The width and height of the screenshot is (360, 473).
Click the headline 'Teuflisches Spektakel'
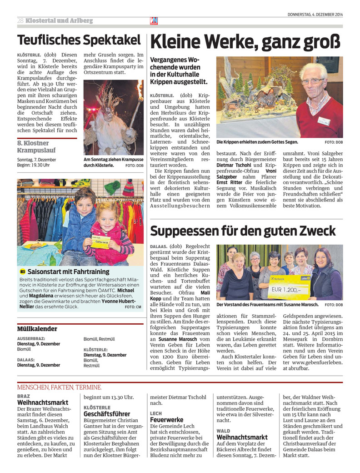(x=79, y=40)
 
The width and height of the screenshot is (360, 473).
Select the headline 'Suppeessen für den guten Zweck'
(x=243, y=231)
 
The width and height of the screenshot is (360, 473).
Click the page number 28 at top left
(x=20, y=21)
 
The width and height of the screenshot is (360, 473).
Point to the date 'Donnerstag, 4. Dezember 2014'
(x=315, y=15)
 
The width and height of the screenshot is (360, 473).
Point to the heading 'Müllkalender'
(x=37, y=328)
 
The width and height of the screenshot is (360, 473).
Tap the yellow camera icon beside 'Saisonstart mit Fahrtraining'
(x=23, y=272)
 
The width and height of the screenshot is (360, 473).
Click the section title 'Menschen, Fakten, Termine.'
(x=59, y=387)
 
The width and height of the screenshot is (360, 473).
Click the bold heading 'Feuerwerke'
(x=167, y=419)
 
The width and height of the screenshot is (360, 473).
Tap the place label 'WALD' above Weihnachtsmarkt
(x=223, y=431)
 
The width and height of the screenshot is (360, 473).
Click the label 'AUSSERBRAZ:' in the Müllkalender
(x=30, y=339)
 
